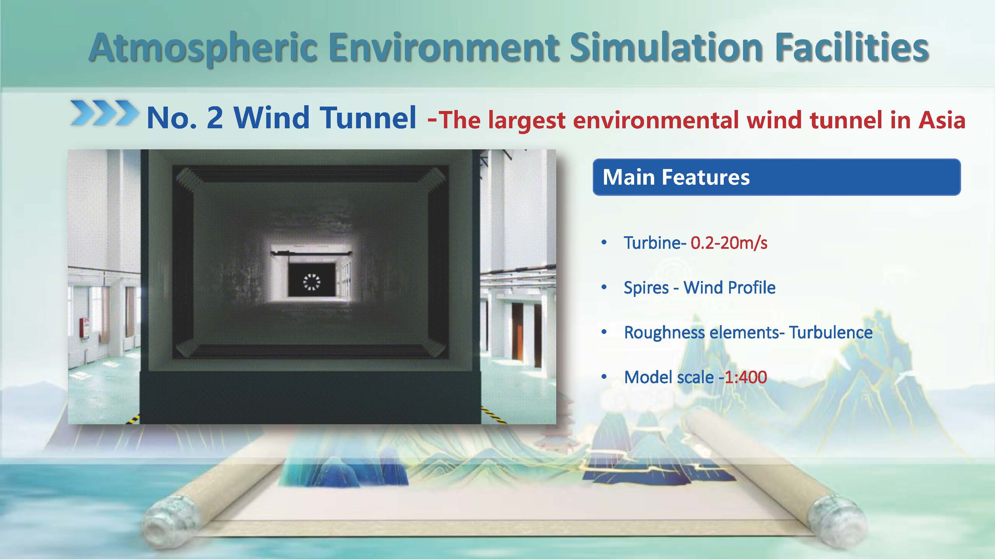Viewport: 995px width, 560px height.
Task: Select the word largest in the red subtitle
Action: coord(527,120)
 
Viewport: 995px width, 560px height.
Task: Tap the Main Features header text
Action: coord(676,177)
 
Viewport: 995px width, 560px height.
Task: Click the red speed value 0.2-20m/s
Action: coord(729,243)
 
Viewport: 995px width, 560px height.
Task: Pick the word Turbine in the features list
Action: coord(652,243)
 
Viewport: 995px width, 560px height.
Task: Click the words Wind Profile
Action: coord(729,287)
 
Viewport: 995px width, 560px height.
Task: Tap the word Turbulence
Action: coord(831,332)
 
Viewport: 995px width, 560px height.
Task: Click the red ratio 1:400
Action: coord(746,377)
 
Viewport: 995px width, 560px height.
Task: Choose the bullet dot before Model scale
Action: coord(604,377)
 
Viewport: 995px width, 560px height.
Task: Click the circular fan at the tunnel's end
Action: coord(311,281)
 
